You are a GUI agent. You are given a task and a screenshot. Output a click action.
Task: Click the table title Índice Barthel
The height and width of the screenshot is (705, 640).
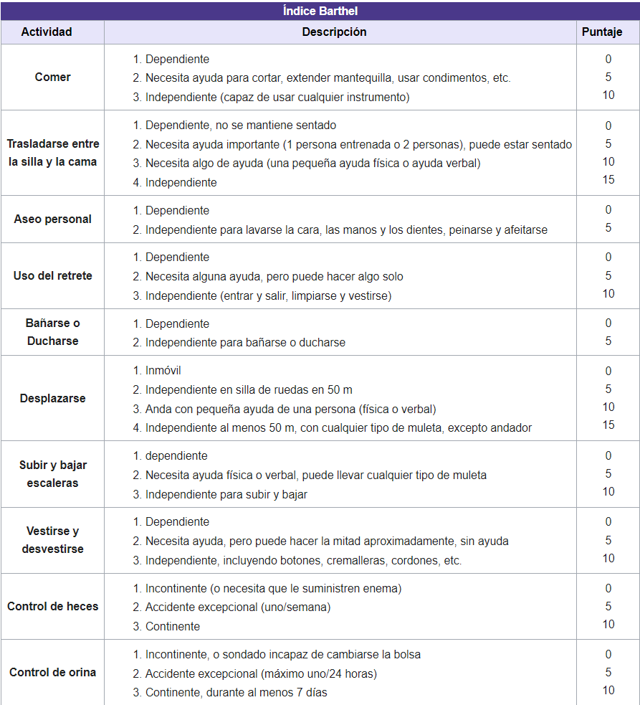320,11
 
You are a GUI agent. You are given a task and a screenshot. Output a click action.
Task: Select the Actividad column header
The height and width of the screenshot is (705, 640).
52,32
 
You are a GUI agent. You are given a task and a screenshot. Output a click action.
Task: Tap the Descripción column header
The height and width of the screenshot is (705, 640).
334,32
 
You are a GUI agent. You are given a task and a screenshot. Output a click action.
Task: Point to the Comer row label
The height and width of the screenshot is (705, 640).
52,77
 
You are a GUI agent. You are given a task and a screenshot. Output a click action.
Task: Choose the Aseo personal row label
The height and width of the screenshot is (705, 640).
52,219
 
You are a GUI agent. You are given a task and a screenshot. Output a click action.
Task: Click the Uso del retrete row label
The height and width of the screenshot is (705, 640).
52,276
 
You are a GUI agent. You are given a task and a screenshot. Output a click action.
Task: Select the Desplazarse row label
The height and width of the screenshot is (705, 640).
52,399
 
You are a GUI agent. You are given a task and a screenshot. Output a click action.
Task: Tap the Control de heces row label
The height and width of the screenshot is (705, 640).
52,607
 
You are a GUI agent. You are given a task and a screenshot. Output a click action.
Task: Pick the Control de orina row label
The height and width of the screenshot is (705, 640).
52,673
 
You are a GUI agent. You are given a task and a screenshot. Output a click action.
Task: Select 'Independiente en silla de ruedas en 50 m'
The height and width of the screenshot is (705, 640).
249,390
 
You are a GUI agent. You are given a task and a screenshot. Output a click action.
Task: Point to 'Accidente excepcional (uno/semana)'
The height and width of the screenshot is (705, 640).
238,607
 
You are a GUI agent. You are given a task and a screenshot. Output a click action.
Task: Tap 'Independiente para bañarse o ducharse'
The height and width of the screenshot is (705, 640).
245,343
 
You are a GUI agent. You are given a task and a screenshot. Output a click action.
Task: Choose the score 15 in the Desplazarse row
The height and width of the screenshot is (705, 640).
608,425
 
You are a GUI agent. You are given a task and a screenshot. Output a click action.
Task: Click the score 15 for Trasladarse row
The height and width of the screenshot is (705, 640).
608,180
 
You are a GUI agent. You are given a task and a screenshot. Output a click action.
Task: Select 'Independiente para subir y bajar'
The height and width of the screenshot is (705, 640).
226,494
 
